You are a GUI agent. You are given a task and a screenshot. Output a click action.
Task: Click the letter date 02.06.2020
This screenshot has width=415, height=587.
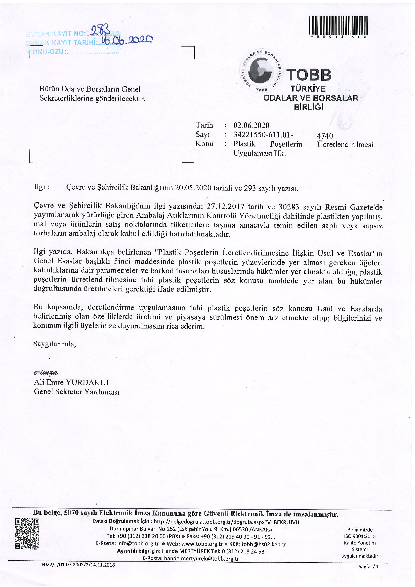pos(251,125)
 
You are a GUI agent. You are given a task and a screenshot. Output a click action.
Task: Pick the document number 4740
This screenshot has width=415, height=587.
pos(325,136)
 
